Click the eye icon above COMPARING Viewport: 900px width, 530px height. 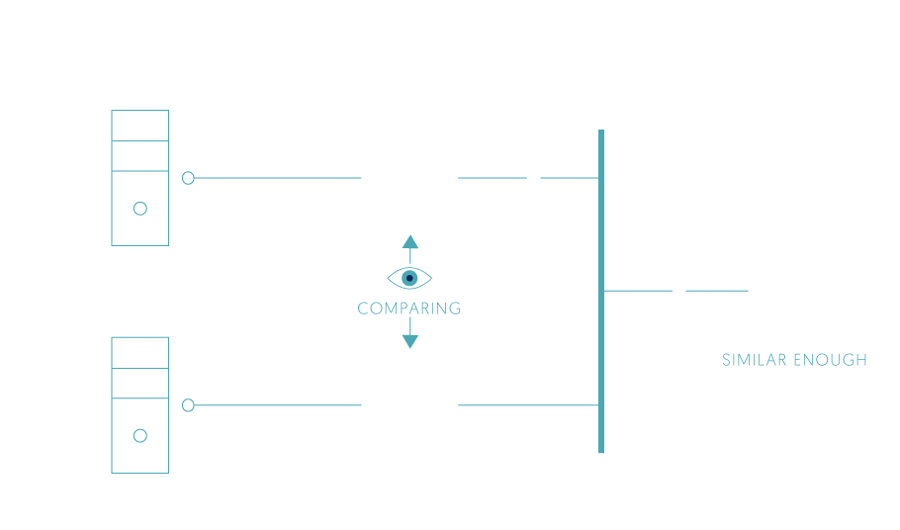[x=409, y=278]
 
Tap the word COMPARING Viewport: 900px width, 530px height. [x=409, y=309]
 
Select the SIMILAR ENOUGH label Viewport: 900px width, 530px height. [x=794, y=360]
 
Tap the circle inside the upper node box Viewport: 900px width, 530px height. [x=139, y=208]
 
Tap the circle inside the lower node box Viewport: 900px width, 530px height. [x=139, y=435]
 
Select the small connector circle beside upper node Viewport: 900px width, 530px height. [x=188, y=178]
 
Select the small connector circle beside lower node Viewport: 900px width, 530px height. [x=188, y=405]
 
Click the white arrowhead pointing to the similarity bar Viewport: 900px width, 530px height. [x=533, y=178]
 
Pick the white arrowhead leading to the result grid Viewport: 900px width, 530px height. [x=679, y=291]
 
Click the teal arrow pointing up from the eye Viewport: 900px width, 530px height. [x=409, y=244]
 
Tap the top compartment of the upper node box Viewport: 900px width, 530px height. [x=139, y=126]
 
